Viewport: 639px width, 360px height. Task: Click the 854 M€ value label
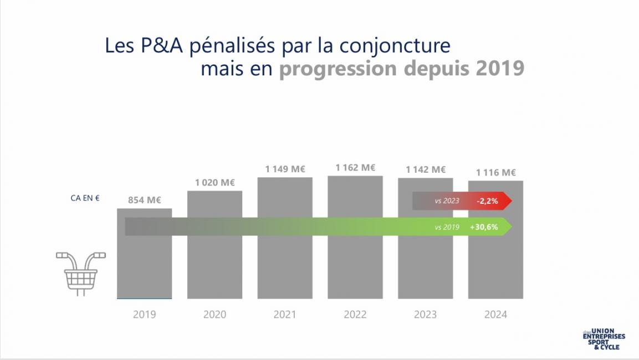(144, 200)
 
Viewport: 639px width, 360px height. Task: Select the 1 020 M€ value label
(214, 182)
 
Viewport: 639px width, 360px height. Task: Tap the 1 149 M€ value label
(285, 169)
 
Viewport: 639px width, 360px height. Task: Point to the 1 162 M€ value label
(355, 167)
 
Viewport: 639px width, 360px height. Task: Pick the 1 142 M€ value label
(425, 169)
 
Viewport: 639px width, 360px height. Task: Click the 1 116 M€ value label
(495, 172)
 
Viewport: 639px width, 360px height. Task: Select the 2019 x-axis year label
(144, 315)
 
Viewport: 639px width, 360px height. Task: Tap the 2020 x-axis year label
(214, 315)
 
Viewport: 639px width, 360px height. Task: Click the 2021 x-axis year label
(285, 315)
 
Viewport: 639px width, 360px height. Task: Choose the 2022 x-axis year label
(355, 315)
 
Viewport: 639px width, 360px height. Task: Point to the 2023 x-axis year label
(425, 315)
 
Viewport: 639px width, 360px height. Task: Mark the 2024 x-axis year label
(495, 315)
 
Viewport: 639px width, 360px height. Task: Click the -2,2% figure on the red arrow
(487, 201)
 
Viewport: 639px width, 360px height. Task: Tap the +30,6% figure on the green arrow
(483, 227)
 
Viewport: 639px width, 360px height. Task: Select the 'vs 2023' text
(447, 201)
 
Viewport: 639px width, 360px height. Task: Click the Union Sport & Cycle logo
(604, 339)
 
